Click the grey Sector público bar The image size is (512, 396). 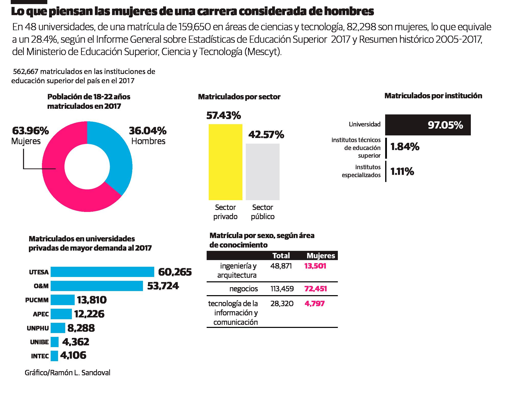point(262,172)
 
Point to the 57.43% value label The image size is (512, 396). point(223,116)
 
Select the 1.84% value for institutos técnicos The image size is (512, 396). point(405,147)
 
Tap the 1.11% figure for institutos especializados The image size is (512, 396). point(402,172)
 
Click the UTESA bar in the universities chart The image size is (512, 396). point(102,272)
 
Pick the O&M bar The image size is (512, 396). point(97,286)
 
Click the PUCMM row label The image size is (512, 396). point(37,300)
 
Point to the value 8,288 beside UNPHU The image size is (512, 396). point(81,328)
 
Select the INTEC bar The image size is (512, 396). point(54,356)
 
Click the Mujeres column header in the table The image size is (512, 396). point(320,256)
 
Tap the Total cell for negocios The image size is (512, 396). point(282,289)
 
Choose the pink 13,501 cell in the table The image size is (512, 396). point(315,266)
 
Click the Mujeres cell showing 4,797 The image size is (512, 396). point(314,304)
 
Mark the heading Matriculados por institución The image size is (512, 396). point(433,96)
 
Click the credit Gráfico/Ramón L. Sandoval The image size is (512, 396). point(68,373)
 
